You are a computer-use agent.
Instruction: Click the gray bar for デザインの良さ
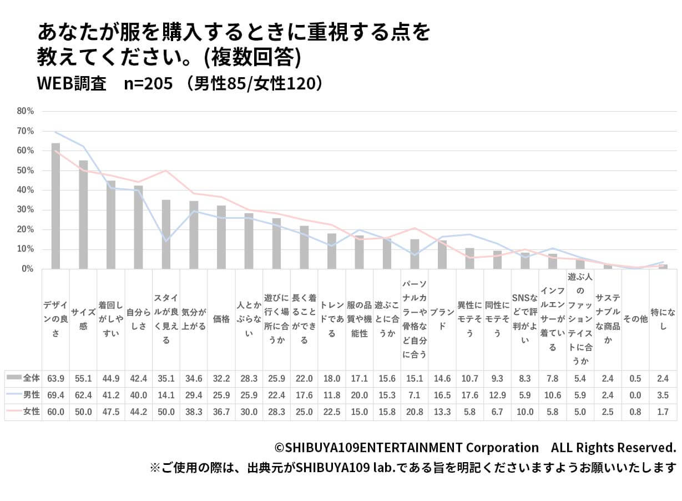click(55, 206)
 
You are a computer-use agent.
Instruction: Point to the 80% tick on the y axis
click(26, 111)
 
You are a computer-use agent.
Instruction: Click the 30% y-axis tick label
click(26, 210)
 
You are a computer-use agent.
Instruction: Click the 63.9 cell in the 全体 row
click(56, 378)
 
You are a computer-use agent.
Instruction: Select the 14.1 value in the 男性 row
click(166, 395)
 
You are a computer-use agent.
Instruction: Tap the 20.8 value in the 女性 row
click(415, 412)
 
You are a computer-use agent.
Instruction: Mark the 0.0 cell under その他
click(635, 395)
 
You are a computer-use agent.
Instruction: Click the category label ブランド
click(442, 319)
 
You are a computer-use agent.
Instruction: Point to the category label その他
click(635, 319)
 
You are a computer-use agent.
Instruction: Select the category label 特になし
click(663, 319)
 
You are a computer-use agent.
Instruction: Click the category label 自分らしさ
click(139, 319)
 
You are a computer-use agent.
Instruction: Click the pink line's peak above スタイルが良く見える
click(166, 171)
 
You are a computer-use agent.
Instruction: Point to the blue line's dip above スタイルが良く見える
click(166, 241)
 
